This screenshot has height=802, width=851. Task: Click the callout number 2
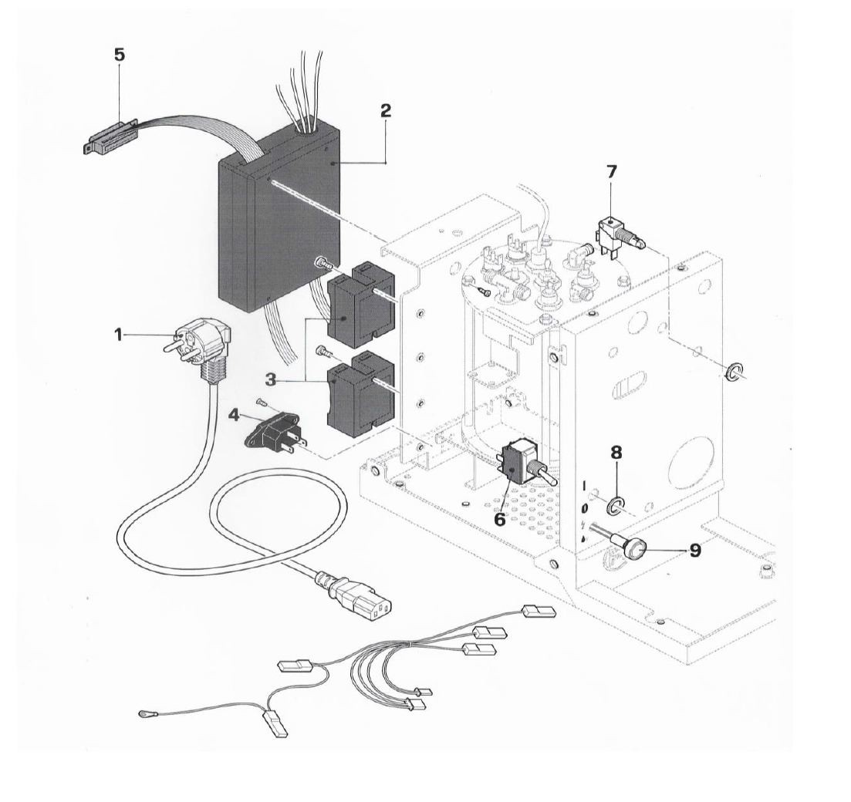pos(385,110)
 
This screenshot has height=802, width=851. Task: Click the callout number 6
pos(500,519)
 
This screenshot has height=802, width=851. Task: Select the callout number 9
pos(695,551)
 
